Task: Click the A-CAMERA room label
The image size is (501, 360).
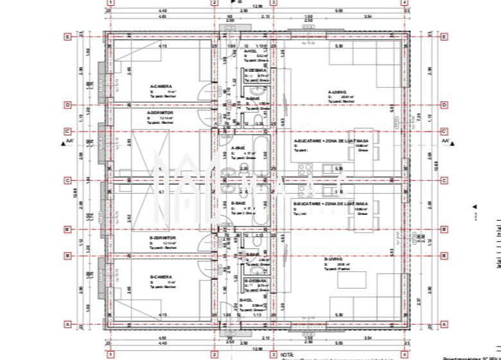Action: [x=160, y=87]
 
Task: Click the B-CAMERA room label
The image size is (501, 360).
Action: [x=161, y=277]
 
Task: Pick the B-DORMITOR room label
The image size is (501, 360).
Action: [x=163, y=237]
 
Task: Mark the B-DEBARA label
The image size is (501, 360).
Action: [x=257, y=281]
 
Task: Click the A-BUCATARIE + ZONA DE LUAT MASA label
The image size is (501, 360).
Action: [x=330, y=142]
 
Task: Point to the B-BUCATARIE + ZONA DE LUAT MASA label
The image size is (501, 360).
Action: [x=330, y=203]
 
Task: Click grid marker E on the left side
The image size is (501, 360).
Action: [x=67, y=37]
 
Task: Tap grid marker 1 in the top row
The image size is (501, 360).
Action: [x=110, y=3]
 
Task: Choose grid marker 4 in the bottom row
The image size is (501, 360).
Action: [x=405, y=354]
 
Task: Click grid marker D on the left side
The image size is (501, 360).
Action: [x=67, y=105]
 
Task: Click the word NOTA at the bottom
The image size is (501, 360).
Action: [x=286, y=354]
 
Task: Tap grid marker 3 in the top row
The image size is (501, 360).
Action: [x=274, y=3]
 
